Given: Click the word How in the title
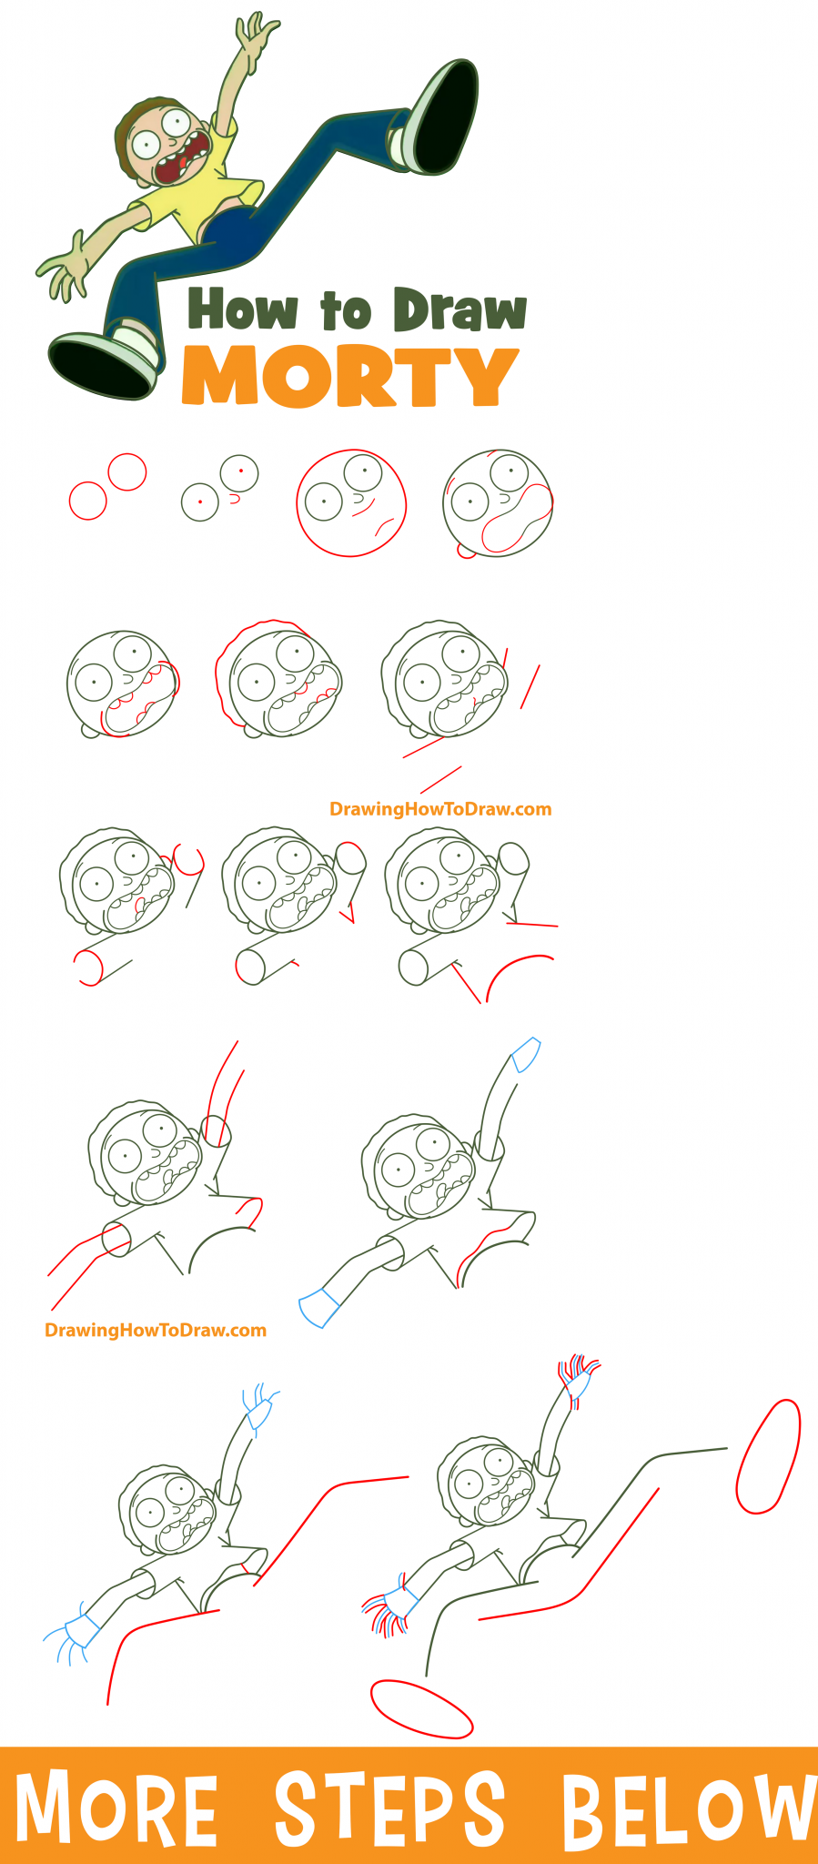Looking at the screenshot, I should point(242,309).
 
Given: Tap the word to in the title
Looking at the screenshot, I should point(346,311).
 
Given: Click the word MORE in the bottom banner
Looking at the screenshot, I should point(116,1808).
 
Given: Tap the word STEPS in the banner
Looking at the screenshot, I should point(389,1808).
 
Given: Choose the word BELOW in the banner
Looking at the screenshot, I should point(687,1808).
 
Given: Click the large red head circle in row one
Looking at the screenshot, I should point(351,502).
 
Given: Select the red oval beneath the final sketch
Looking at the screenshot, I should point(421,1708).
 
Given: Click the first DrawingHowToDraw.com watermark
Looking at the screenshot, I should point(440,809).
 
